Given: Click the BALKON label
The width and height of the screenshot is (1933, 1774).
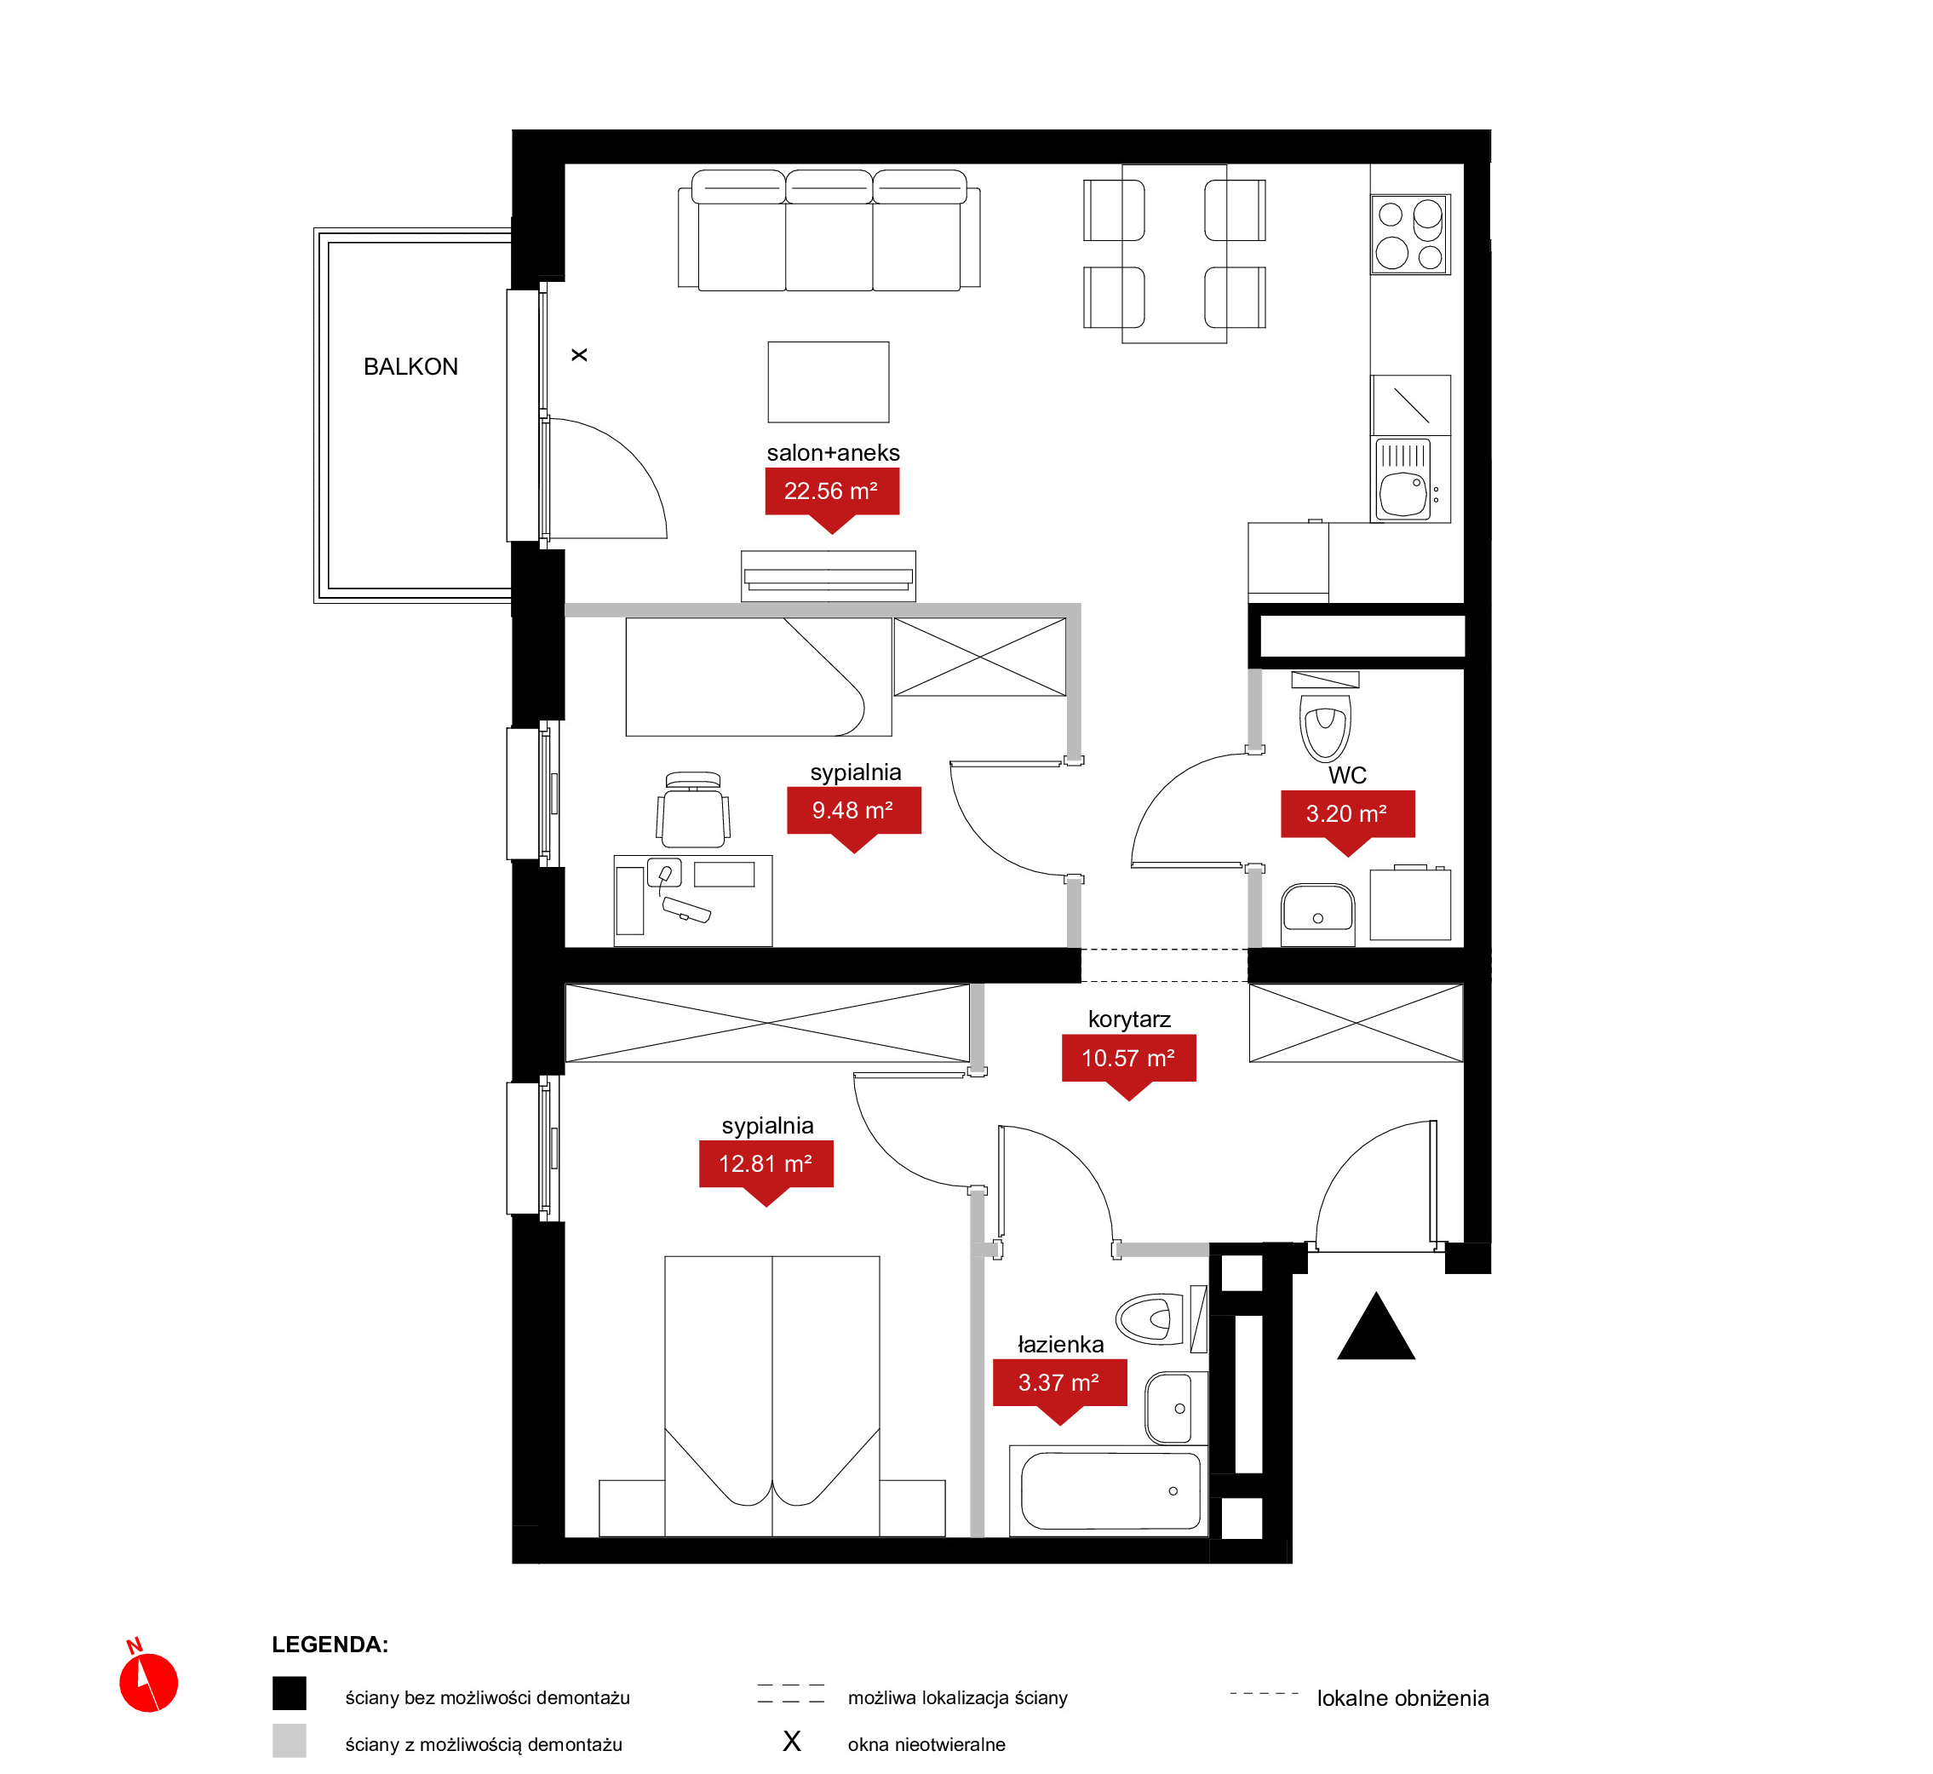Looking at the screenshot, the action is pyautogui.click(x=410, y=367).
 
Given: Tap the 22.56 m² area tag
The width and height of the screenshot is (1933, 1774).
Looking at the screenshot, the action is pyautogui.click(x=832, y=493).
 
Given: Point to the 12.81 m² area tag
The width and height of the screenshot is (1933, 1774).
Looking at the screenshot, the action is pyautogui.click(x=766, y=1168).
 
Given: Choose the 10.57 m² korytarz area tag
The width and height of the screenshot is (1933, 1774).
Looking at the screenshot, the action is pyautogui.click(x=1128, y=1062).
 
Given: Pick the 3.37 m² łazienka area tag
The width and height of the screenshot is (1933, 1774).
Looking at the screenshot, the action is pyautogui.click(x=1059, y=1386).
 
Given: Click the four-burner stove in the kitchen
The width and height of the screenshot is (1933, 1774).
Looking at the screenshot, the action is pyautogui.click(x=1411, y=234).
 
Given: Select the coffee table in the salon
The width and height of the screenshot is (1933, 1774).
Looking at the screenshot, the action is pyautogui.click(x=829, y=382).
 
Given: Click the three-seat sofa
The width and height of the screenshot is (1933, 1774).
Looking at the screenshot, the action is pyautogui.click(x=829, y=231).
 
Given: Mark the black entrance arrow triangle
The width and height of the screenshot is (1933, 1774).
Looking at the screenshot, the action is pyautogui.click(x=1376, y=1328).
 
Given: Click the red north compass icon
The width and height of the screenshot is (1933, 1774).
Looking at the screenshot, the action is pyautogui.click(x=148, y=1678).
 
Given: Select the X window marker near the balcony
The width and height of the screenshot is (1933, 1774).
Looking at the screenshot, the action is pyautogui.click(x=580, y=355).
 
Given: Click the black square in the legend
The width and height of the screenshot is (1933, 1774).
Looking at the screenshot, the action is pyautogui.click(x=289, y=1693).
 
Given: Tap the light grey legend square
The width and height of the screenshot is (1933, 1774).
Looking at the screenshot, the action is pyautogui.click(x=289, y=1741).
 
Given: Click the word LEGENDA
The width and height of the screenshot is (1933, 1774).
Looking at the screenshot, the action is pyautogui.click(x=330, y=1645).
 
